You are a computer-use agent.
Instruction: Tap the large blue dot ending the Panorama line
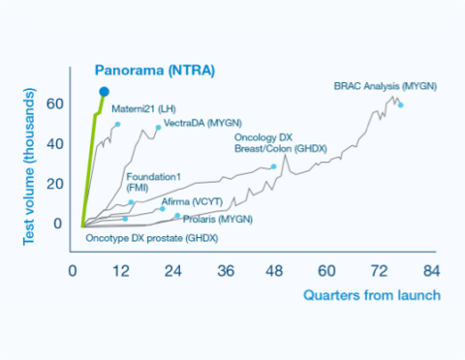click(104, 92)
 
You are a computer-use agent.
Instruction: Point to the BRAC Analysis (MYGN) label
click(385, 86)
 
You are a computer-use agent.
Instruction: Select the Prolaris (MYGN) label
click(217, 220)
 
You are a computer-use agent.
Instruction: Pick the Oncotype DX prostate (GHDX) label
click(152, 237)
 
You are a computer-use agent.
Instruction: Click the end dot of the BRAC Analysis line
click(401, 105)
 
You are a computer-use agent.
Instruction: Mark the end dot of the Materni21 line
click(117, 125)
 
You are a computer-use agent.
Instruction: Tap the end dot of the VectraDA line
click(158, 128)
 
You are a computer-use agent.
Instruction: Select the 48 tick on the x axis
click(275, 270)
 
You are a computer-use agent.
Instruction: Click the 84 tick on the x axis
click(431, 270)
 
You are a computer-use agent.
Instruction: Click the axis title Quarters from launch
click(372, 293)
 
